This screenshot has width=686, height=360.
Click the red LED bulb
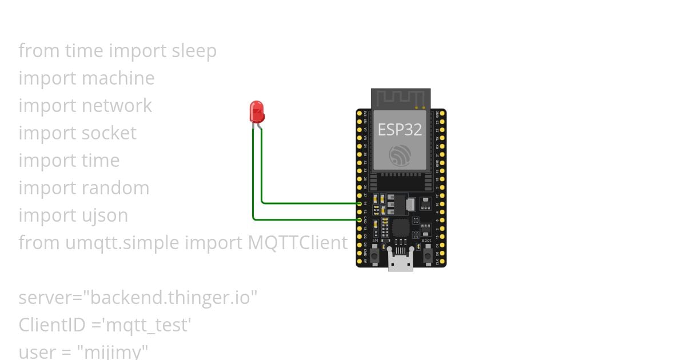click(x=257, y=111)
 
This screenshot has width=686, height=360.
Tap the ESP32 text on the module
click(x=400, y=130)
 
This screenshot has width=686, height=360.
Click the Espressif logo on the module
click(x=400, y=155)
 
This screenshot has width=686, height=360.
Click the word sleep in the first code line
click(x=194, y=51)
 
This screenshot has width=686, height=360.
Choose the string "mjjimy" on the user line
click(x=112, y=350)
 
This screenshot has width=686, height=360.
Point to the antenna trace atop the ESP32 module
click(x=400, y=98)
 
